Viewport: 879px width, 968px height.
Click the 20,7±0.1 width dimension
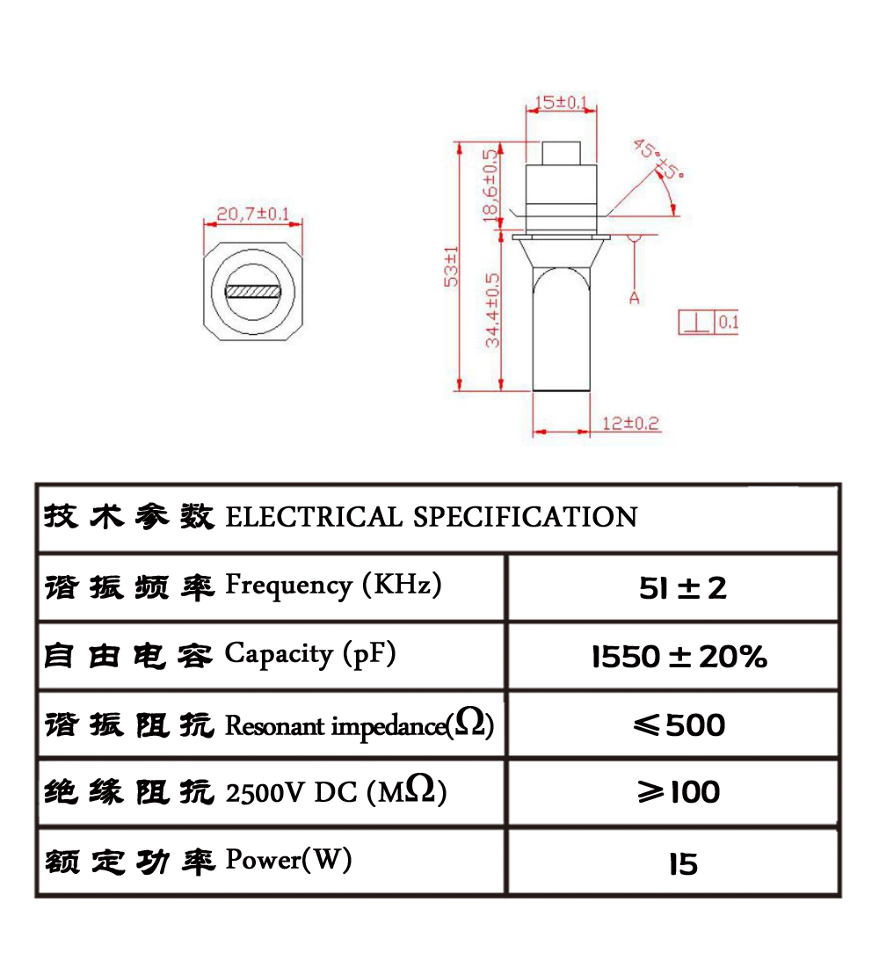252,214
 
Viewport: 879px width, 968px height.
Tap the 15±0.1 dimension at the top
561,102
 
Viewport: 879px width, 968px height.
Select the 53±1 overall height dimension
451,266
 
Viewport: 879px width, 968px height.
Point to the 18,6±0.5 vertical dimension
490,185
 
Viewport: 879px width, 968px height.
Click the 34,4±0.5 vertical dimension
492,310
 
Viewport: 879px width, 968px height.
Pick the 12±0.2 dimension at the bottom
630,424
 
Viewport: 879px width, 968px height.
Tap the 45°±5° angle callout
658,158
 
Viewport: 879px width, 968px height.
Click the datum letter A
634,298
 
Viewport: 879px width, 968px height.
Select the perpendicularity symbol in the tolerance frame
697,322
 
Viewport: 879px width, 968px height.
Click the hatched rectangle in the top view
253,291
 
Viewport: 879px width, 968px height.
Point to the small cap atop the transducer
561,153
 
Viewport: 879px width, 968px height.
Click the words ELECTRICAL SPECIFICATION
432,517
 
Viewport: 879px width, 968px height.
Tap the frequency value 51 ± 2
683,587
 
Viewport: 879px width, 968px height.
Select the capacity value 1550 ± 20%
679,656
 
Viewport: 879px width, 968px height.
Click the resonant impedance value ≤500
679,724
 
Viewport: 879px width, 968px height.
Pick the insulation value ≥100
679,792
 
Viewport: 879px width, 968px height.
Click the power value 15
683,864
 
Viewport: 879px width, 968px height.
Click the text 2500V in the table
266,793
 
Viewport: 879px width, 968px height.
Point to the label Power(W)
289,860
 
